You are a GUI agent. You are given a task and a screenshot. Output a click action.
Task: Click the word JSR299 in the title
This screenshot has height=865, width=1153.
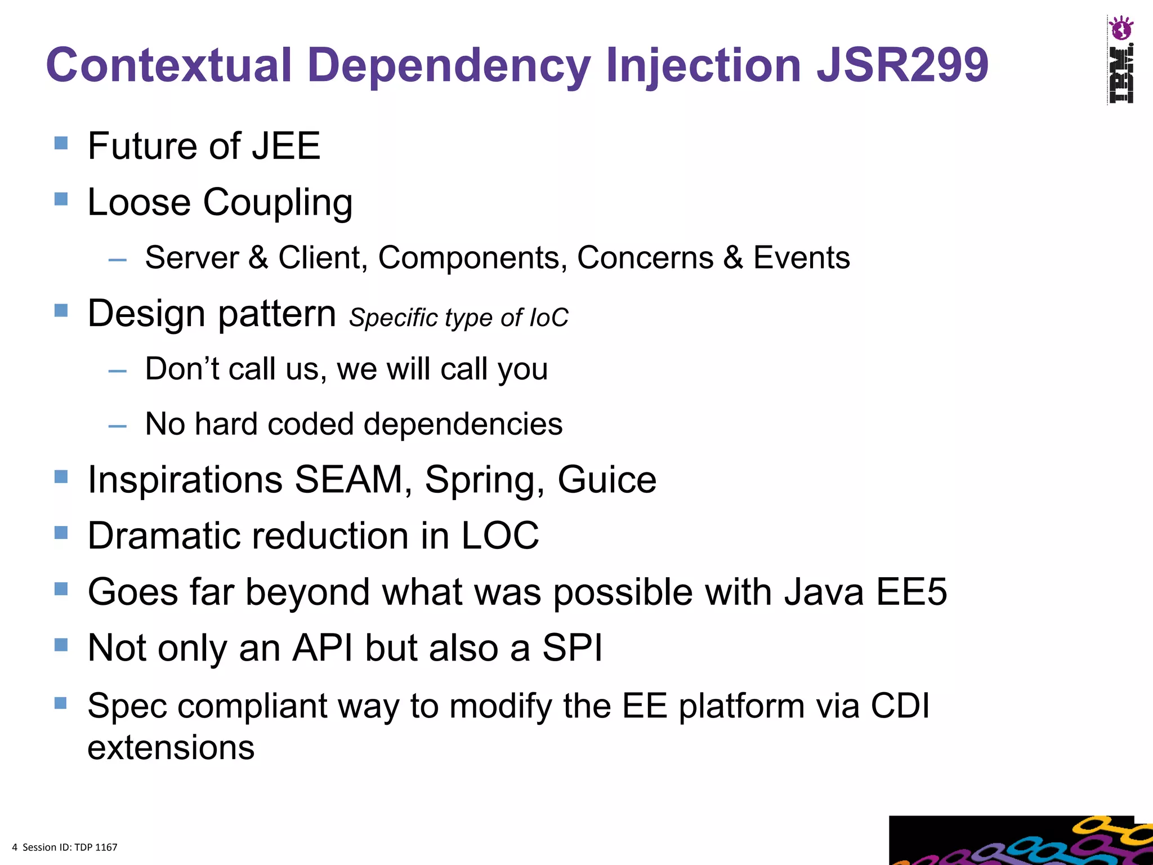coord(902,65)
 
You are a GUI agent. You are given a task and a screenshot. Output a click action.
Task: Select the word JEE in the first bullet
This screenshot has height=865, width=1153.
coord(285,146)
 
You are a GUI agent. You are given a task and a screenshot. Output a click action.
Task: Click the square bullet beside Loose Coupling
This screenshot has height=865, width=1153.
coord(61,199)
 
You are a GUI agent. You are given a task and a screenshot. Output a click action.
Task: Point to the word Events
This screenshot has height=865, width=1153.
coord(801,258)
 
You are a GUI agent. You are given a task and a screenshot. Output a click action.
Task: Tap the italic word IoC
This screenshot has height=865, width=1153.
coord(549,318)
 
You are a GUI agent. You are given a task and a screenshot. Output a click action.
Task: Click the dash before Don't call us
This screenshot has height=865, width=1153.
coord(117,372)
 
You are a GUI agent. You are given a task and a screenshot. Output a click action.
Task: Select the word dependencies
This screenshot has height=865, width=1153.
coord(463,423)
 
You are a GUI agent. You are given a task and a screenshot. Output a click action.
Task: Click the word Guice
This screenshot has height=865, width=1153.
coord(607,480)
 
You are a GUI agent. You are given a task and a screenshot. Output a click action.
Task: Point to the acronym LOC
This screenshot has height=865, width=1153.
coord(500,535)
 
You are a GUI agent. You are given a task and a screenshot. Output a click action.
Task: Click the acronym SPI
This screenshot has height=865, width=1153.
coord(572,648)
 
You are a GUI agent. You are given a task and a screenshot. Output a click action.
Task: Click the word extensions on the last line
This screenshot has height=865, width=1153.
coord(171,747)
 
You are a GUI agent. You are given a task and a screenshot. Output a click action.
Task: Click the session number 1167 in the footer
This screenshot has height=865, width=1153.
coord(106,847)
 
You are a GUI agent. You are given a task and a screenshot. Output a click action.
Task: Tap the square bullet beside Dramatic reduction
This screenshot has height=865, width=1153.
coord(61,532)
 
